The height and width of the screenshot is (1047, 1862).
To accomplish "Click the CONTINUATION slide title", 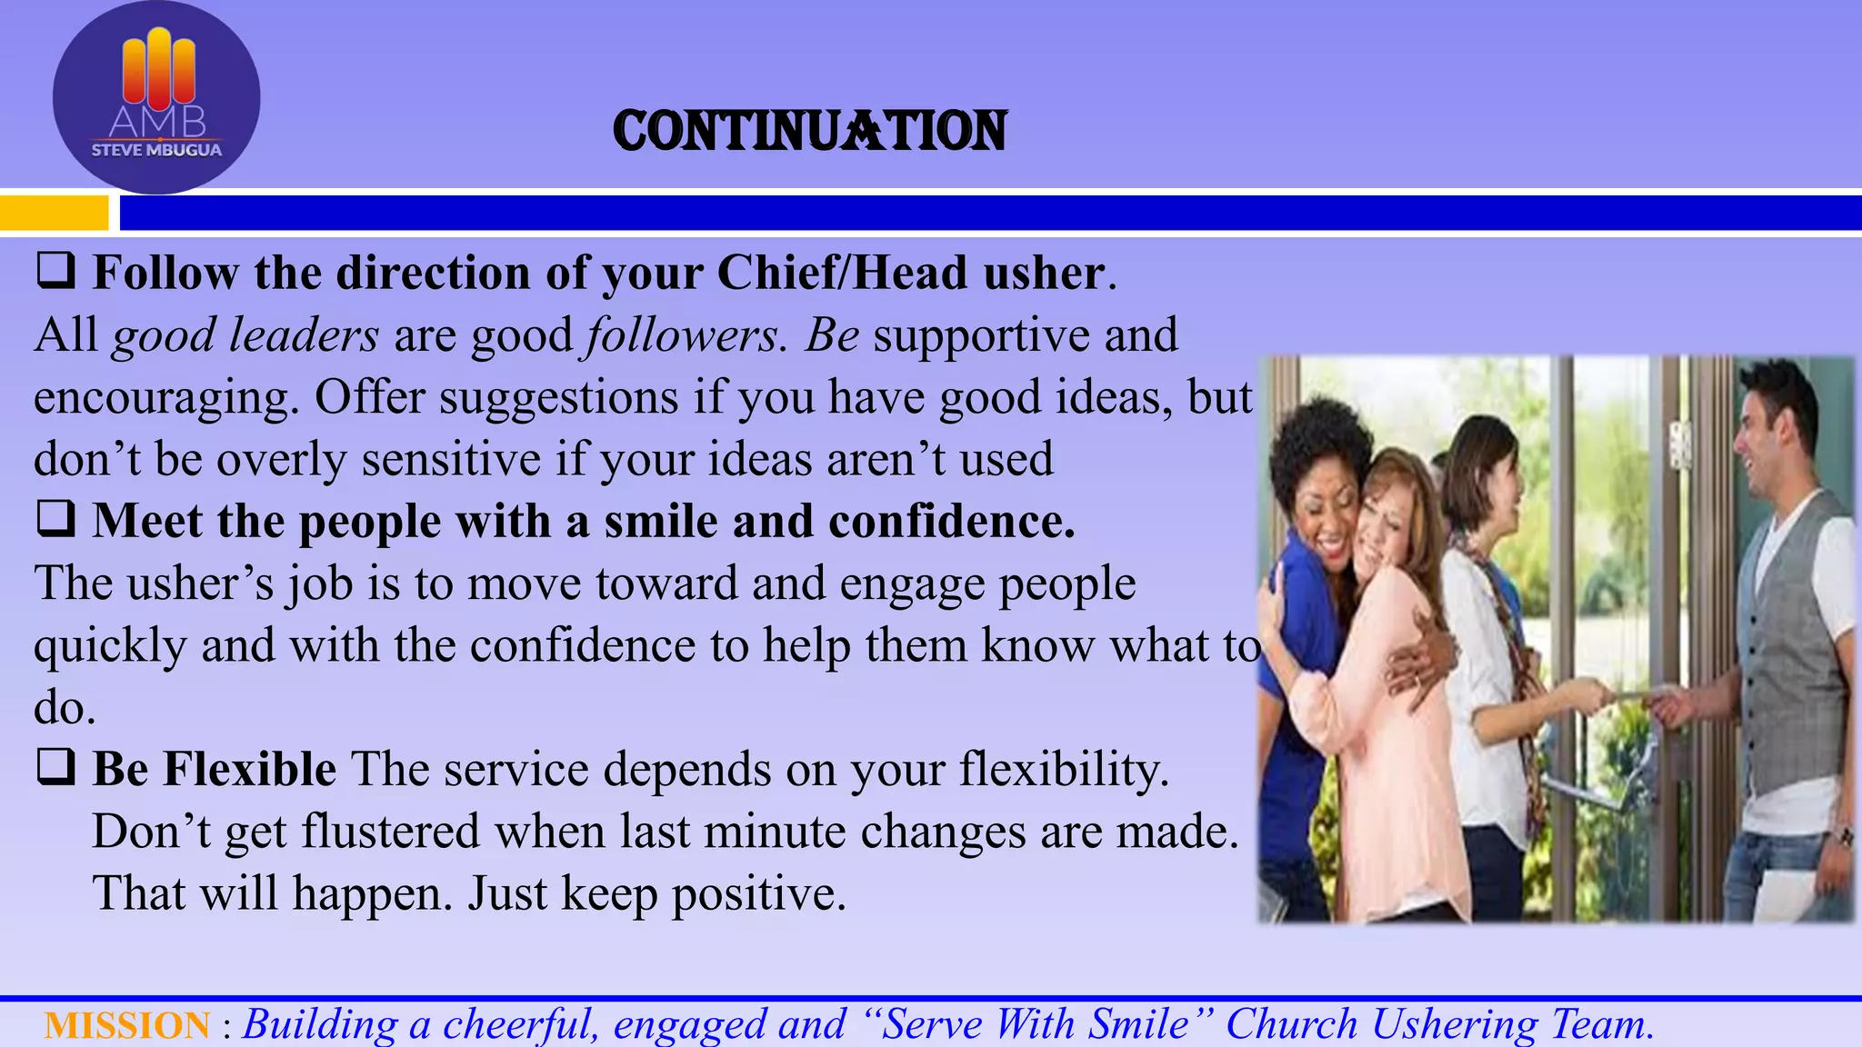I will [x=810, y=131].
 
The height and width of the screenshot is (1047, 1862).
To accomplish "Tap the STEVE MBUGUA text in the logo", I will [x=156, y=151].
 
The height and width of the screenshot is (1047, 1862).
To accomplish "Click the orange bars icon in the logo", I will [x=158, y=68].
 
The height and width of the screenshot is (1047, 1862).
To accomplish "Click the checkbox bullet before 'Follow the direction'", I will [x=55, y=272].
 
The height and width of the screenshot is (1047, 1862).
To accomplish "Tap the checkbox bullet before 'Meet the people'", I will [x=55, y=520].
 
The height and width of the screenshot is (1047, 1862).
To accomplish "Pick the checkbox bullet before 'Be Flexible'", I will [x=55, y=768].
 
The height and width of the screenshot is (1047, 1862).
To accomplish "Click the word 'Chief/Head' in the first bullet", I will [x=842, y=273].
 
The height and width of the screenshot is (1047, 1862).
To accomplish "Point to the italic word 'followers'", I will [x=683, y=335].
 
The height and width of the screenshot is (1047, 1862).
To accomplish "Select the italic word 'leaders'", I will [x=304, y=335].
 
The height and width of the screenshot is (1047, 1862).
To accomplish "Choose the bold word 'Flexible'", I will [x=250, y=769].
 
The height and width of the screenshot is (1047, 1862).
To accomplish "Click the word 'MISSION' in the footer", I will [x=127, y=1025].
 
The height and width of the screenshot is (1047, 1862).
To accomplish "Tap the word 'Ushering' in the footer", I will [x=1454, y=1024].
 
